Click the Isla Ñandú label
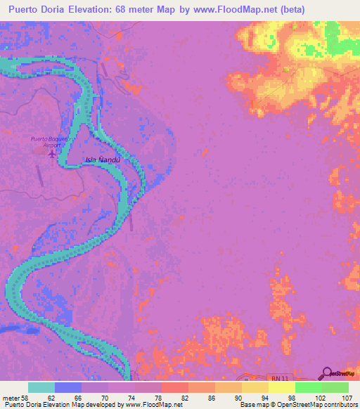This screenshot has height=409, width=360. click(103, 160)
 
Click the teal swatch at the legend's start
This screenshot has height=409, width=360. click(41, 387)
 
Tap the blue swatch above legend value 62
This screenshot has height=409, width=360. click(68, 387)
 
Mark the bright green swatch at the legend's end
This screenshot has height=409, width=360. click(335, 387)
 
